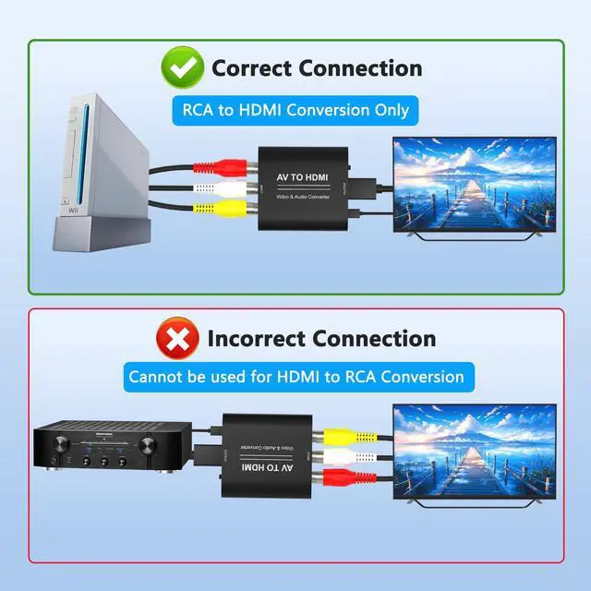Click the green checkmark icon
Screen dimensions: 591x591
[183, 67]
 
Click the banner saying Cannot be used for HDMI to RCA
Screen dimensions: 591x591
[296, 377]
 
